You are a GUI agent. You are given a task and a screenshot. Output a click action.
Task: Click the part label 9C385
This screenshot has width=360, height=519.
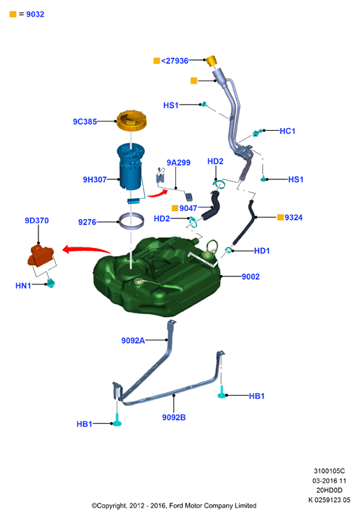click(x=85, y=122)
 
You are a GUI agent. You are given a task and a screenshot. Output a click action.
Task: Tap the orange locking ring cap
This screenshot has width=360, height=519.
click(x=131, y=121)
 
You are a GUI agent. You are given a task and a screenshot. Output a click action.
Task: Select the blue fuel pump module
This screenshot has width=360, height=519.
click(x=131, y=169)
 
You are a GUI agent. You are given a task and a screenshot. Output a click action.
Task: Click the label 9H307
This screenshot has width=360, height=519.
click(x=95, y=180)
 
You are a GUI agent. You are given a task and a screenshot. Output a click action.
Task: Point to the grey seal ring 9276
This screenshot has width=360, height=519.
click(x=131, y=221)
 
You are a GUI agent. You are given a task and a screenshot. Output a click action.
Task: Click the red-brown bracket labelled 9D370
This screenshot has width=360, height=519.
click(x=40, y=255)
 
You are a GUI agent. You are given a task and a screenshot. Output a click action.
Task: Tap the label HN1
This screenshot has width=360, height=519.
click(x=23, y=286)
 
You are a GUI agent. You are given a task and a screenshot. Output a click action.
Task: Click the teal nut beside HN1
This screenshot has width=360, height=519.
click(x=51, y=283)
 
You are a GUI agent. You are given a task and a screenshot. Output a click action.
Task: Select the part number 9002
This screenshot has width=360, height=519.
click(x=250, y=277)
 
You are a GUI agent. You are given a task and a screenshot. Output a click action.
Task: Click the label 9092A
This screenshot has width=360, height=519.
click(x=133, y=340)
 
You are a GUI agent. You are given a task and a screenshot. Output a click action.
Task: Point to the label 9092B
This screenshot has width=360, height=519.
click(x=174, y=417)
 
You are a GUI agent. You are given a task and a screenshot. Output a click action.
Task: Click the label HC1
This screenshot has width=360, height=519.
click(x=287, y=131)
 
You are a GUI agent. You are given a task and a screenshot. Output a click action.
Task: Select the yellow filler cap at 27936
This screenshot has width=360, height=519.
click(x=211, y=61)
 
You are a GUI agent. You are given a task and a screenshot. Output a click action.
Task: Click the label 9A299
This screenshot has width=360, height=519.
click(x=179, y=162)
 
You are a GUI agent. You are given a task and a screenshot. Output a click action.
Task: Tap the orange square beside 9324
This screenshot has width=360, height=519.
click(x=280, y=217)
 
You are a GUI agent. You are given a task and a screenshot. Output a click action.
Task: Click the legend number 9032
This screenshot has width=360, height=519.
click(x=35, y=14)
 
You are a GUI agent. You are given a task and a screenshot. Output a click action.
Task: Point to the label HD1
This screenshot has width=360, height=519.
click(x=262, y=251)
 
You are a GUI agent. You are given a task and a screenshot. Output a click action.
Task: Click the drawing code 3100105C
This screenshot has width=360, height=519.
click(x=329, y=471)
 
